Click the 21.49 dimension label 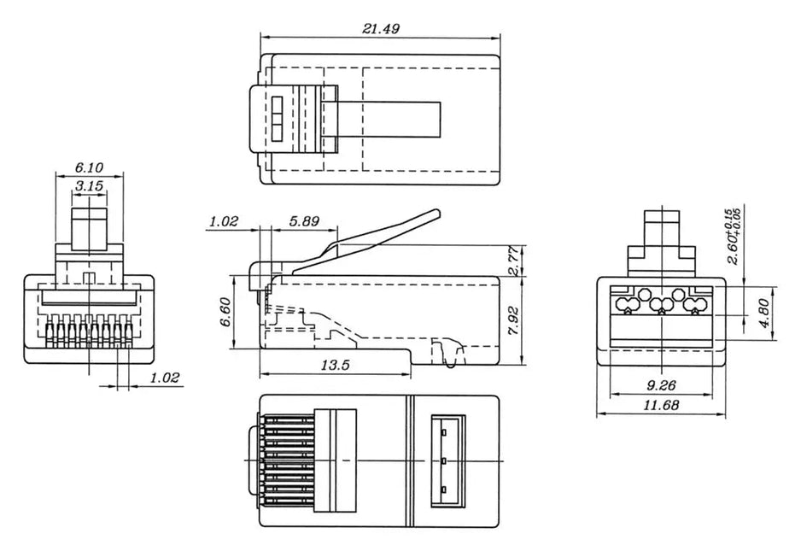[381, 28]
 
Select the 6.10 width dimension [89, 167]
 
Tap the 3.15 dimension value [89, 185]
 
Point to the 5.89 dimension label [304, 221]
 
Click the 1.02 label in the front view [164, 378]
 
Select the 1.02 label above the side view [223, 221]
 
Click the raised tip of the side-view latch [436, 214]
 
